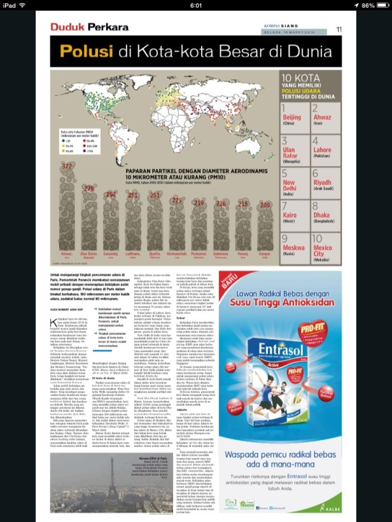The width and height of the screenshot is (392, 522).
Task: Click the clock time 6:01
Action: (195, 5)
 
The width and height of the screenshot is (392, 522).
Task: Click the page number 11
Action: (339, 29)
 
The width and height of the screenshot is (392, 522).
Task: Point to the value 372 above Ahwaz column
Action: (66, 166)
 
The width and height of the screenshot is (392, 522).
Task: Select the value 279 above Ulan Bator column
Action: (88, 189)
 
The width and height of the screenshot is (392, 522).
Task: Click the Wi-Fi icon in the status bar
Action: (24, 5)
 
